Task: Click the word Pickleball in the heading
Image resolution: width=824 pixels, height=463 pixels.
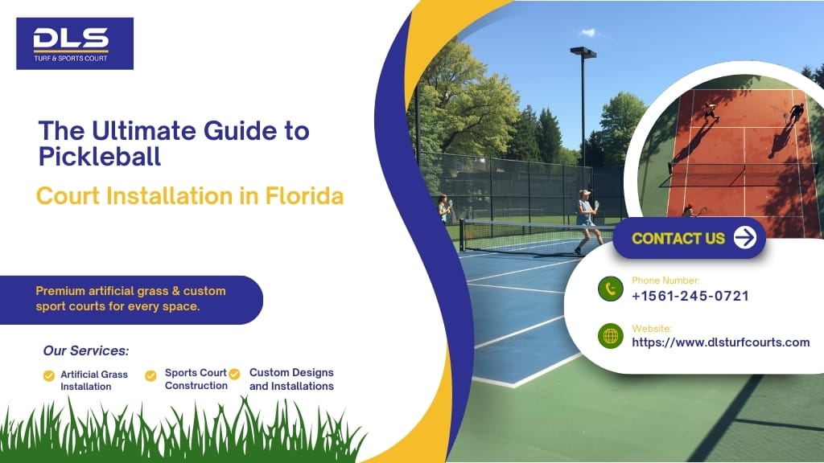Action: tap(100, 156)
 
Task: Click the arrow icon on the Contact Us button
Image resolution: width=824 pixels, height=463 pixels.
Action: tap(745, 238)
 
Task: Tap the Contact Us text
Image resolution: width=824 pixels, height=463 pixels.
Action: tap(678, 238)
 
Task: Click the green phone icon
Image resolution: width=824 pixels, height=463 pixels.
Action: tap(611, 289)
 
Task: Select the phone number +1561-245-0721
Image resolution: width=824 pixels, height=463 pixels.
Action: tap(690, 296)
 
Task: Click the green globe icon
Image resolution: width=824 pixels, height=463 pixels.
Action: tap(611, 336)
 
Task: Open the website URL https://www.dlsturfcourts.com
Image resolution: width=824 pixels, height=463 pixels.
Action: tap(720, 342)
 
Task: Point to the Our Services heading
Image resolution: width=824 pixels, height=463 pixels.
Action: tap(85, 350)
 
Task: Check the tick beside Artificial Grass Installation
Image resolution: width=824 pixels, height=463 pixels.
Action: tap(49, 375)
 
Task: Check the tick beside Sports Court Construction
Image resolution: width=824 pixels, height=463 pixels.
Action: tap(150, 375)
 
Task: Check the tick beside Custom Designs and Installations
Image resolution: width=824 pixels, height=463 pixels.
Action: tap(234, 374)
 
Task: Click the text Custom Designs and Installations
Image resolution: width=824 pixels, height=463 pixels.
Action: tap(291, 379)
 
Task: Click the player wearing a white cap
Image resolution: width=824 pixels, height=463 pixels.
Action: tap(586, 219)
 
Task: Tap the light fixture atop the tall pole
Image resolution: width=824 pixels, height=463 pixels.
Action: tap(583, 52)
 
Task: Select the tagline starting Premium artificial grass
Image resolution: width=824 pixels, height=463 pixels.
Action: tap(130, 298)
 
